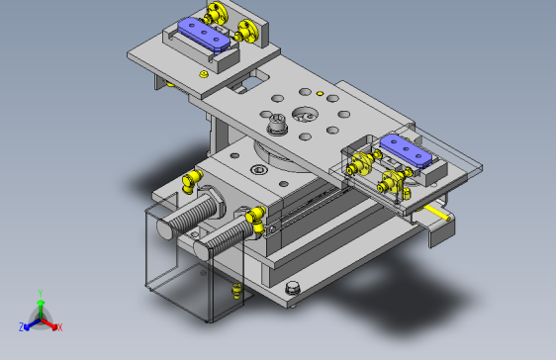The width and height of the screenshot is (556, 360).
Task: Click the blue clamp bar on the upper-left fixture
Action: (204, 35)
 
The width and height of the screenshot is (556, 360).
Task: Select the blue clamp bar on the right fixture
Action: (406, 150)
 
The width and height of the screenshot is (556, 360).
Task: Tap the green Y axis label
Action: (41, 294)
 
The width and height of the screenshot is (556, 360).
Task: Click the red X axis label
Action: (60, 327)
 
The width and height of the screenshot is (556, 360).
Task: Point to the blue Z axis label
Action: (22, 326)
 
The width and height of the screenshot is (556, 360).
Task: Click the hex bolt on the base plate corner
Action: (293, 288)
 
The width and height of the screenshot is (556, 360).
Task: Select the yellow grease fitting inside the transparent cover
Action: (236, 291)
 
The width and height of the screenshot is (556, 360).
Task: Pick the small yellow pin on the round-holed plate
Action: (320, 93)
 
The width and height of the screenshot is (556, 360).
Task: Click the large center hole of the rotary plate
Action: (305, 115)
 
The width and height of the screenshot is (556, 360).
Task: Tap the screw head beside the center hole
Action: (277, 124)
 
